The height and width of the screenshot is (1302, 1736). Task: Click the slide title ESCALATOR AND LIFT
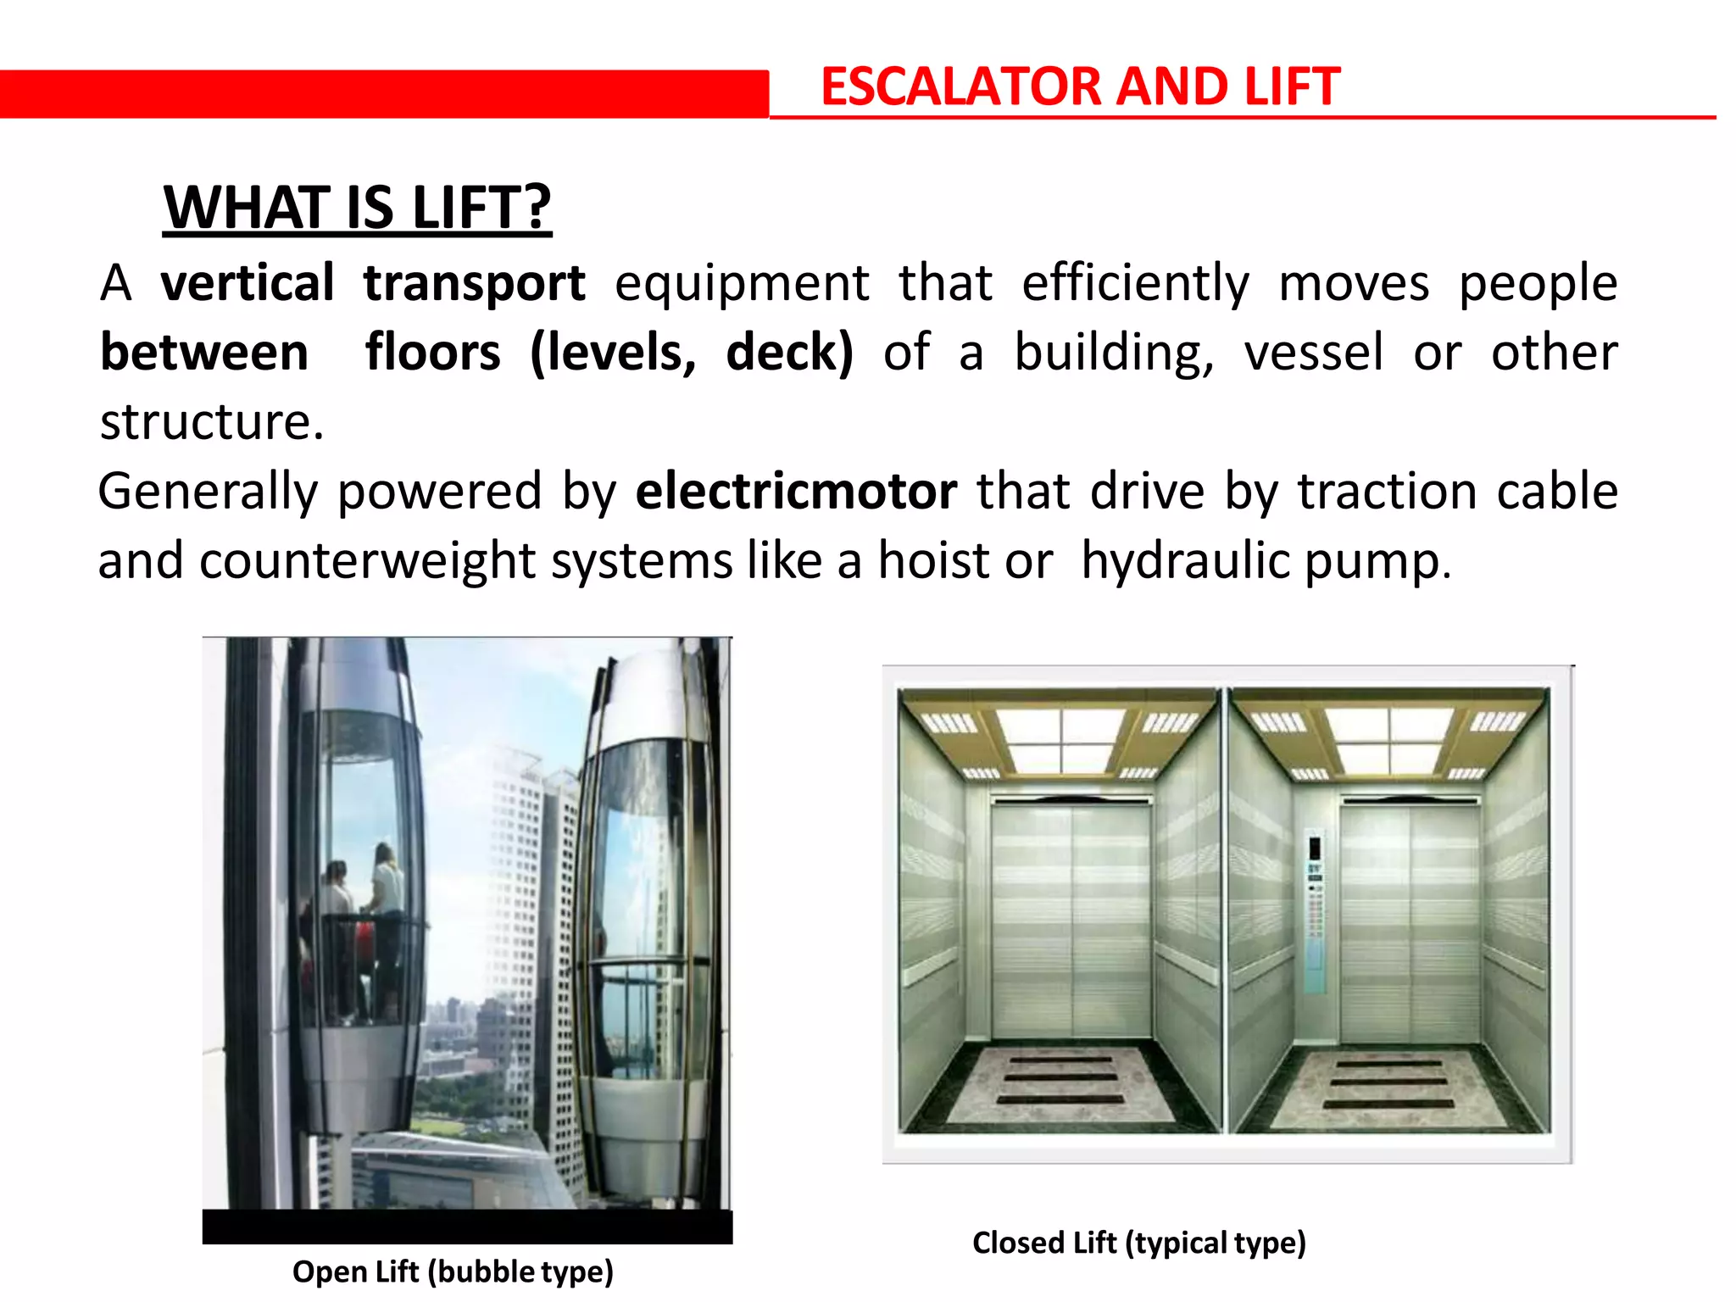(1080, 87)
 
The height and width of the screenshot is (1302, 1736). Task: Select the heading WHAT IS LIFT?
(357, 208)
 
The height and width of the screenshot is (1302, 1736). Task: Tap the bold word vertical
(248, 282)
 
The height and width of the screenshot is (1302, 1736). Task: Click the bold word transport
(474, 284)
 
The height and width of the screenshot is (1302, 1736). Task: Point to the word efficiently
(1135, 284)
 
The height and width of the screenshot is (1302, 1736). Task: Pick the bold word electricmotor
(796, 492)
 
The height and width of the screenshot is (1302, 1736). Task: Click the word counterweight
(367, 561)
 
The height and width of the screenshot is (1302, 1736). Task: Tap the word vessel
(1313, 353)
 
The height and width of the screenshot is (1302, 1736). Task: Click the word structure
(211, 422)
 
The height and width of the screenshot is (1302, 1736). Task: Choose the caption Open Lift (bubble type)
(453, 1271)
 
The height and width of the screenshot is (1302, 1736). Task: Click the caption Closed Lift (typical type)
(1138, 1243)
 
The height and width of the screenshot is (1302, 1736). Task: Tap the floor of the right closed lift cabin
(1388, 1089)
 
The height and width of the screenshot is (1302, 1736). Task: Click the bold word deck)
(789, 353)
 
